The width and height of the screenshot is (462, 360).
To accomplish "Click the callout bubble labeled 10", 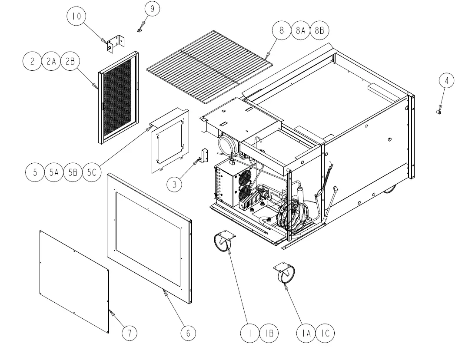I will (x=76, y=17).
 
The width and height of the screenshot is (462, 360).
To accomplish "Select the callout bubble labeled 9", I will (x=152, y=9).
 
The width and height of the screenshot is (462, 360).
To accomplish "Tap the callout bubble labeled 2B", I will (x=70, y=62).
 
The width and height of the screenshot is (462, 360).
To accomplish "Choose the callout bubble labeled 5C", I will (x=91, y=172).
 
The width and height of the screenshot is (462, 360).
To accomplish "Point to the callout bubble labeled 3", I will (x=175, y=184).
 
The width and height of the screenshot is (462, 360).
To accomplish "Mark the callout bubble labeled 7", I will (x=129, y=333).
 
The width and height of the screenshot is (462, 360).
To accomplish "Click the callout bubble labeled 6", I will (x=188, y=333).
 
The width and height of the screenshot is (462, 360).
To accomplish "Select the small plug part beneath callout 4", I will (x=439, y=112).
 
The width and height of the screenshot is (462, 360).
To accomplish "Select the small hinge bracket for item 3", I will (x=204, y=155).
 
